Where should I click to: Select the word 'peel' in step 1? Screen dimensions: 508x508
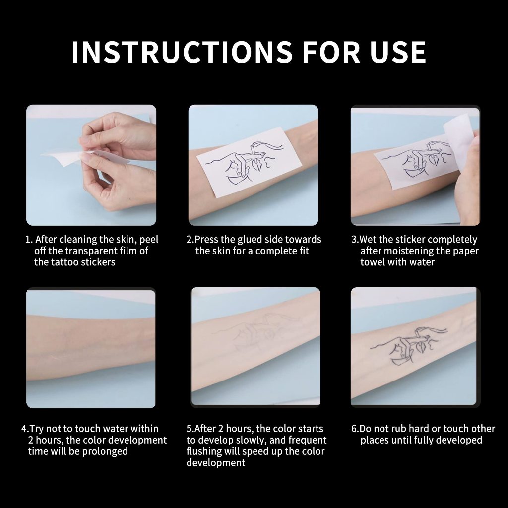click(x=149, y=240)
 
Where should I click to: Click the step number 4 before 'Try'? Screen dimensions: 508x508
click(x=25, y=429)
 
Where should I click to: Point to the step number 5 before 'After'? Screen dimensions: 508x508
click(x=189, y=429)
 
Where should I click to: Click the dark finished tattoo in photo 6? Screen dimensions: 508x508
click(x=409, y=345)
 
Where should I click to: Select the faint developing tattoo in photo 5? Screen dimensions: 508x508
click(x=256, y=332)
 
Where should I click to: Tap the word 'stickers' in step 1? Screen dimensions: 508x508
click(x=98, y=262)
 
